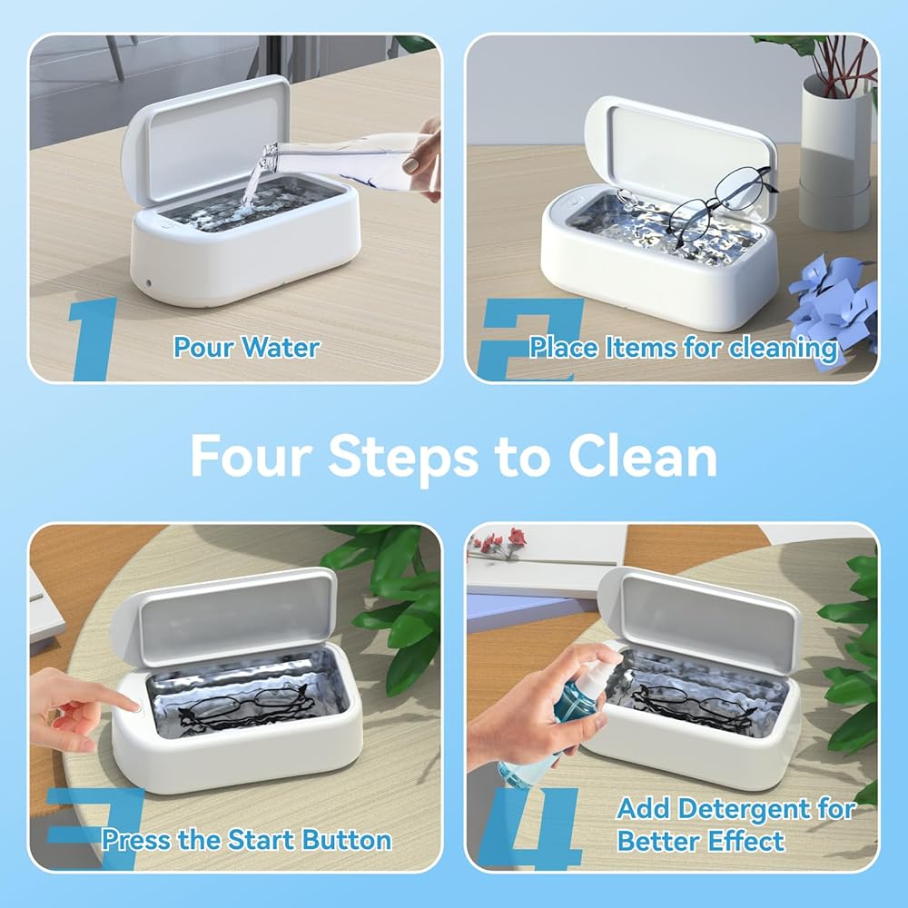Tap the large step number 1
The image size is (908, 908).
click(93, 339)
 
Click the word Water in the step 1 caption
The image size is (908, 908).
click(281, 348)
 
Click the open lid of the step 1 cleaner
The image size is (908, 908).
click(205, 139)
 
